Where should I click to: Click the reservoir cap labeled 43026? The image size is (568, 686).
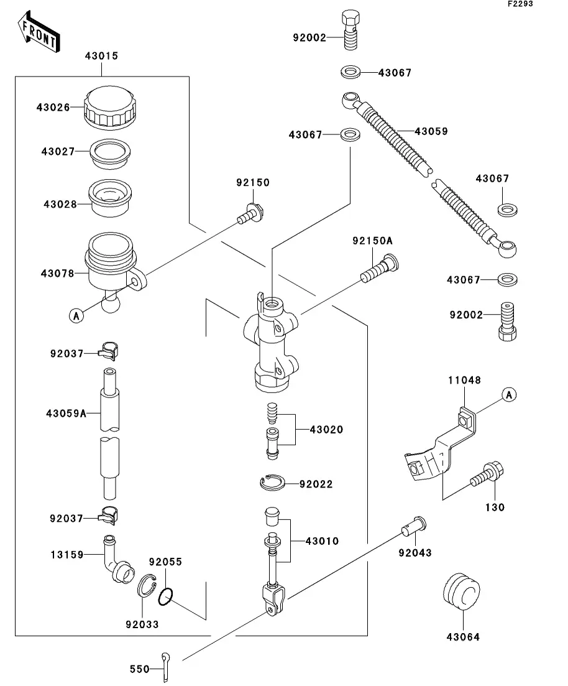(110, 106)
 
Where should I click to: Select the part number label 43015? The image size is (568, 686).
(101, 57)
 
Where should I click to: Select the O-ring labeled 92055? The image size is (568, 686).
(165, 596)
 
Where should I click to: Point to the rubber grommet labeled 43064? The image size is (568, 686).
(462, 591)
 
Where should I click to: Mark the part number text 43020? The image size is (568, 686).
(326, 430)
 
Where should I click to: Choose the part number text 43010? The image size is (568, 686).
(322, 541)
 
